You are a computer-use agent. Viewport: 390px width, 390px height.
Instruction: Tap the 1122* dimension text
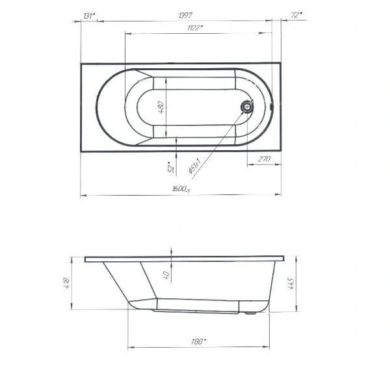point(193,28)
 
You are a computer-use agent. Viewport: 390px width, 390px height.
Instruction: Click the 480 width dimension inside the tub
point(162,106)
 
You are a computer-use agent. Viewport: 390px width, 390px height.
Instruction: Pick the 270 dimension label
point(264,158)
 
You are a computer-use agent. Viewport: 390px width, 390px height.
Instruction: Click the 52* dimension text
point(170,168)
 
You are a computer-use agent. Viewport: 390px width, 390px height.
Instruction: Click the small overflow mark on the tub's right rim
point(272,107)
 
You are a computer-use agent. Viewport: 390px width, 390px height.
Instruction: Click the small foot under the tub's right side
point(249,315)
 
